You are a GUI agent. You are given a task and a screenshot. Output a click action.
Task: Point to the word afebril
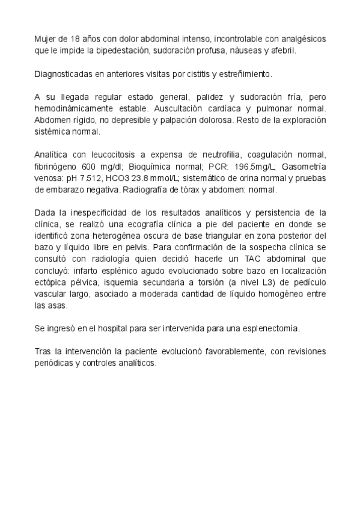[283, 51]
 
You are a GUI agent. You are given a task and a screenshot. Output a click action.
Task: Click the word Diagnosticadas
[61, 75]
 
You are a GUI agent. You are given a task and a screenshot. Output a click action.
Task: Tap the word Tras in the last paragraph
[43, 352]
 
